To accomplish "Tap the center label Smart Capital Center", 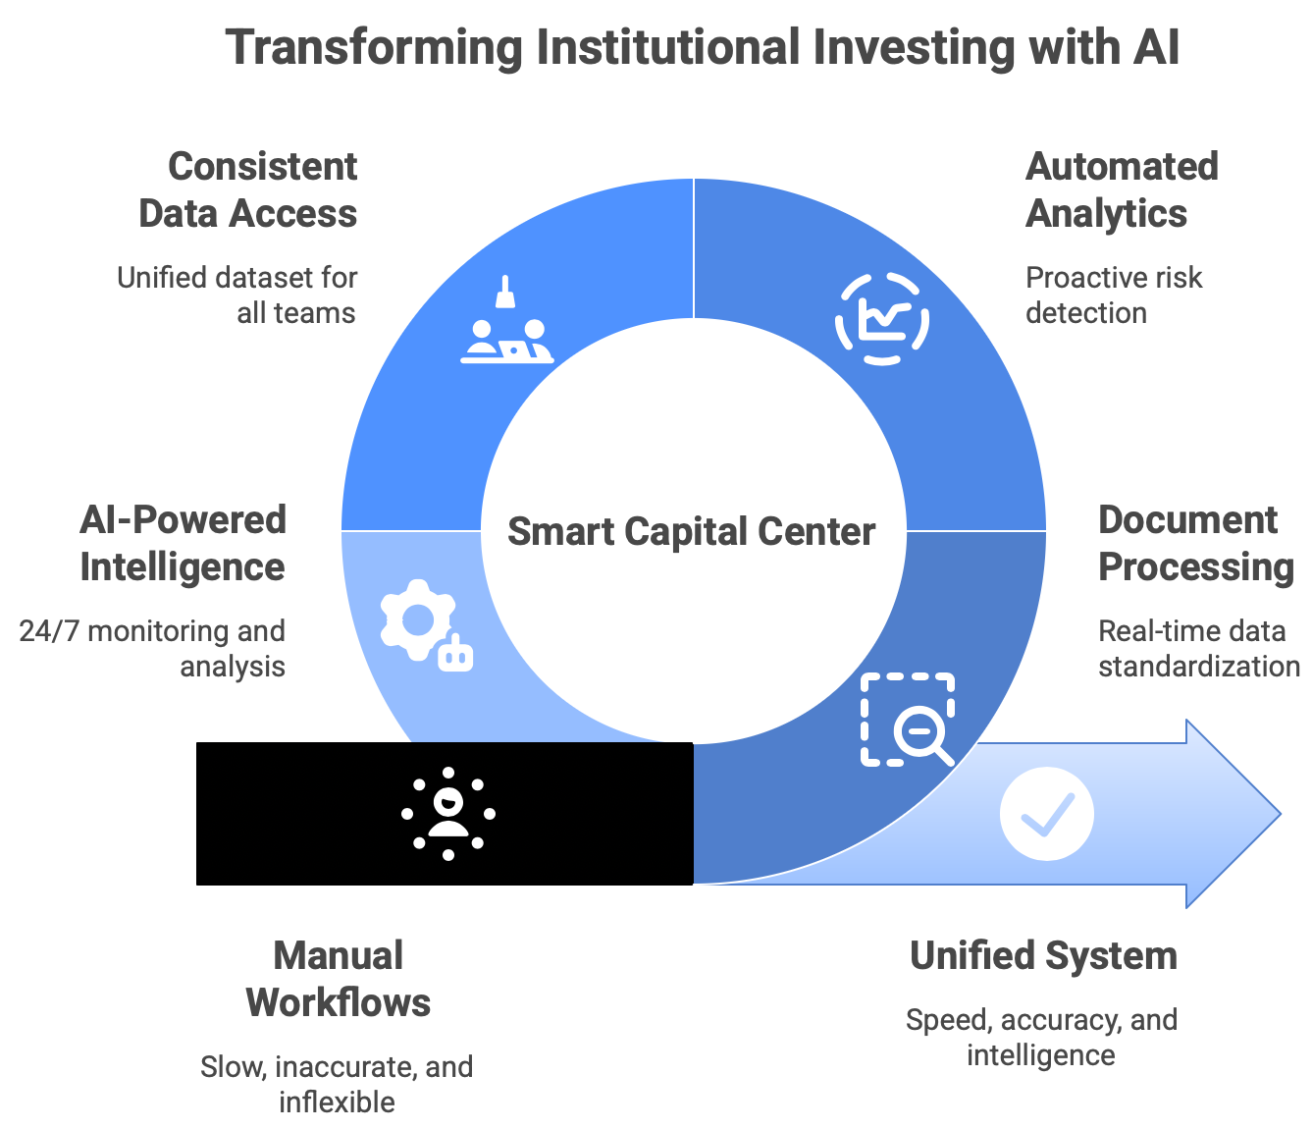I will (x=691, y=531).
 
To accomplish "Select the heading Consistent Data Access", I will (x=249, y=189).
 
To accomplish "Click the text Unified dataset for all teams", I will (x=238, y=295).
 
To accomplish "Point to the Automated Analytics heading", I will (x=1122, y=189).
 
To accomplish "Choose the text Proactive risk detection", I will (x=1114, y=295).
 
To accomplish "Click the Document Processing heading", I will (x=1195, y=543).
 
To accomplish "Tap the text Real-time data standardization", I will (x=1198, y=648).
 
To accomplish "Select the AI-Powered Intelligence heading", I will (x=184, y=543).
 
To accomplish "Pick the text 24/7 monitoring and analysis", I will (x=154, y=648).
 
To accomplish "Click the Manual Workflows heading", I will (x=339, y=979).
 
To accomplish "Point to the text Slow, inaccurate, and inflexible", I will (x=337, y=1084).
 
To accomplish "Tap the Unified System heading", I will (x=1043, y=955).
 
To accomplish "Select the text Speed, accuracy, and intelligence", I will (x=1041, y=1037).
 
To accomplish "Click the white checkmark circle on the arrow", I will (x=1046, y=814).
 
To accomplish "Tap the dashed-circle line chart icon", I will (x=881, y=319).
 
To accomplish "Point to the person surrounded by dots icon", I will (x=448, y=814).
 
